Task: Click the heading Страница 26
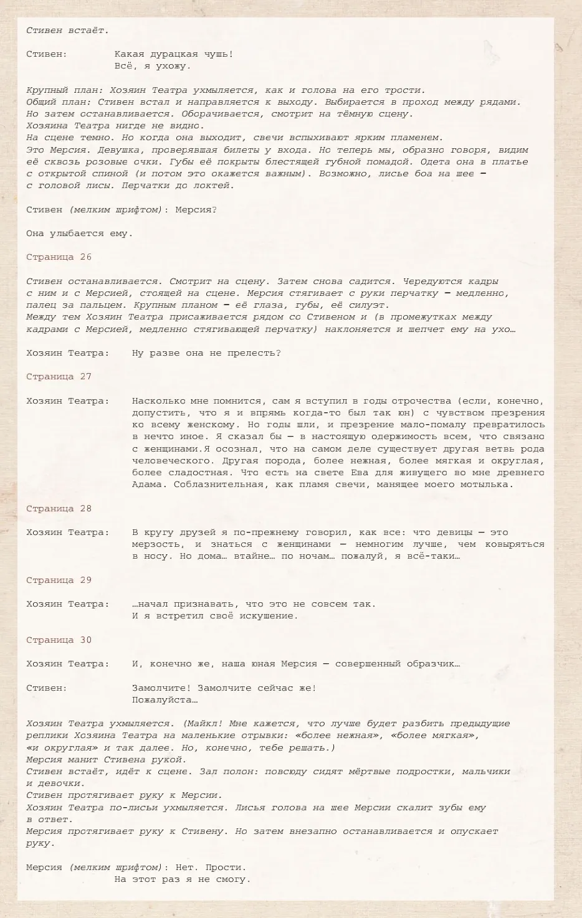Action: pyautogui.click(x=59, y=257)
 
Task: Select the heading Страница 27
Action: pyautogui.click(x=59, y=377)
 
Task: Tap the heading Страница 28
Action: pyautogui.click(x=59, y=509)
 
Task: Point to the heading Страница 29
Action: pyautogui.click(x=59, y=580)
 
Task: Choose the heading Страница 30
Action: pyautogui.click(x=59, y=640)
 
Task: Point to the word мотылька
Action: pyautogui.click(x=487, y=485)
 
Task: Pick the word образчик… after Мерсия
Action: pyautogui.click(x=431, y=664)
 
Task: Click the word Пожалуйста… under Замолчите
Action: pyautogui.click(x=165, y=700)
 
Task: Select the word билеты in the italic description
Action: pyautogui.click(x=287, y=150)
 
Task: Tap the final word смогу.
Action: pyautogui.click(x=232, y=879)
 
